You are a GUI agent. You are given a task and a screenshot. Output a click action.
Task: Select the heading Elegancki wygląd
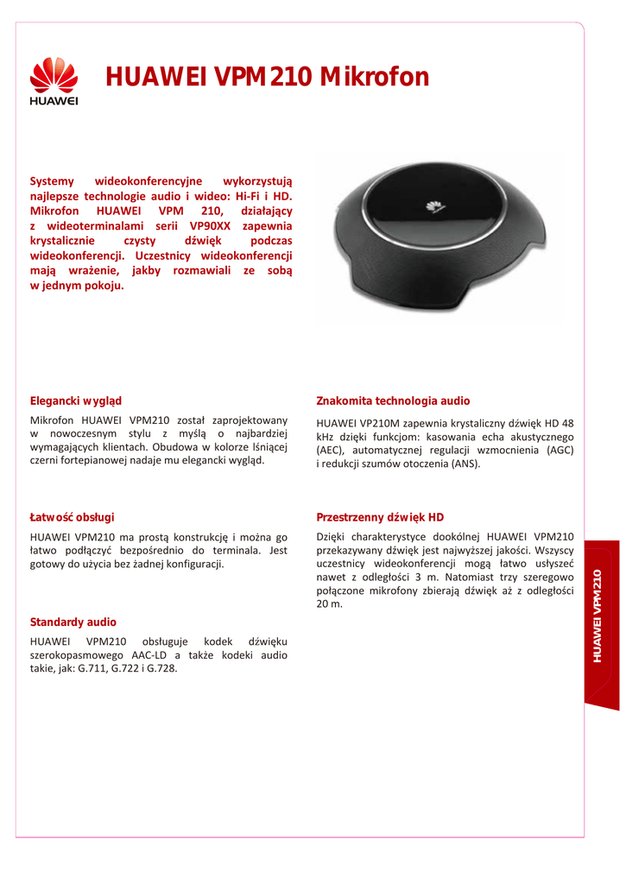[x=76, y=401]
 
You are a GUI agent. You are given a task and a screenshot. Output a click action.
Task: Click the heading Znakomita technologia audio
[x=393, y=401]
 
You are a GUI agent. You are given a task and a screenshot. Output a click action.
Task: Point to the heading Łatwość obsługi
[x=72, y=517]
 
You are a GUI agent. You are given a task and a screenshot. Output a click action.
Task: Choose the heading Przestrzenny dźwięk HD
[x=380, y=517]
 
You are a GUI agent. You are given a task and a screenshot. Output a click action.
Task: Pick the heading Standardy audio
[x=73, y=622]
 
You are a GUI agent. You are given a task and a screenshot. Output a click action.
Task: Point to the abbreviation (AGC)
[x=560, y=451]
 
